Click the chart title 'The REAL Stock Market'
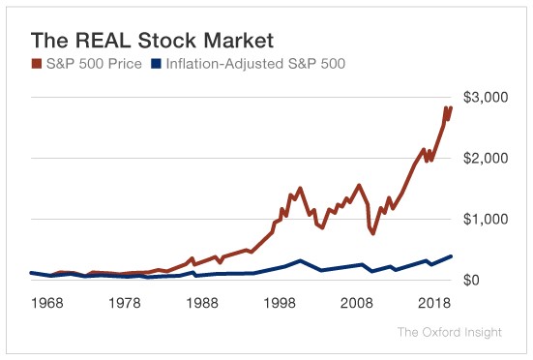[x=153, y=41]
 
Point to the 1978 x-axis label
[x=125, y=303]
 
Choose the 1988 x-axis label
[x=202, y=303]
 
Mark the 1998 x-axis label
[x=280, y=303]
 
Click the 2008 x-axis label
[x=357, y=303]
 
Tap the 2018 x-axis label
[x=433, y=303]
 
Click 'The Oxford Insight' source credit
[x=449, y=333]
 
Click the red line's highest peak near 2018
[x=445, y=108]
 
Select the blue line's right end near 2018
[x=451, y=256]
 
